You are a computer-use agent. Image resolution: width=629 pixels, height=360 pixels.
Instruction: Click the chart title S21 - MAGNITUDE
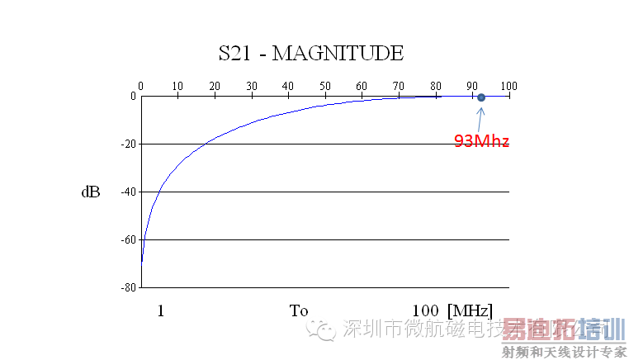(x=310, y=54)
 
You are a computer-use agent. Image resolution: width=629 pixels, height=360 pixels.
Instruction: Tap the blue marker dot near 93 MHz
(x=481, y=97)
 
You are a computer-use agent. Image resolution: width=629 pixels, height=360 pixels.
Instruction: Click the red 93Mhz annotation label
(x=481, y=141)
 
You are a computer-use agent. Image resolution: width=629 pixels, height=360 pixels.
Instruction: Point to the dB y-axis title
(x=91, y=192)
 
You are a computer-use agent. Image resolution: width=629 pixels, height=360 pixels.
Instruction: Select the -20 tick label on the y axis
(x=128, y=144)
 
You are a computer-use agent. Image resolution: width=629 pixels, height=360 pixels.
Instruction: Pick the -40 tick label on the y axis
(x=128, y=192)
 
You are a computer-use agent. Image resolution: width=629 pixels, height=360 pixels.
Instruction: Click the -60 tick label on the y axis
(x=128, y=240)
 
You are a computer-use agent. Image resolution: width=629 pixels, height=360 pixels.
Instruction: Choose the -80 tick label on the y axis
(x=128, y=288)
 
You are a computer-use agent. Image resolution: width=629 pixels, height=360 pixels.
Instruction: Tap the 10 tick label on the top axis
(x=177, y=86)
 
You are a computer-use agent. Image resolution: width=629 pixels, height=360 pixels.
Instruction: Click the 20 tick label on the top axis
(x=215, y=86)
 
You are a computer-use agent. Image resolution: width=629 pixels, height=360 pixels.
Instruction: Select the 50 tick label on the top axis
(x=325, y=86)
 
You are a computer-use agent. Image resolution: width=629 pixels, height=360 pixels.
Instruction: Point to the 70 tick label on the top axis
(x=399, y=86)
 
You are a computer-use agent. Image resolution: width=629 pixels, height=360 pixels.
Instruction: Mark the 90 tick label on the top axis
(x=472, y=86)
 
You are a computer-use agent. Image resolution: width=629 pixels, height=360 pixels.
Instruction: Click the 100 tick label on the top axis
(x=508, y=86)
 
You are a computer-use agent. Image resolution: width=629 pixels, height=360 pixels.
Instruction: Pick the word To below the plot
(x=299, y=311)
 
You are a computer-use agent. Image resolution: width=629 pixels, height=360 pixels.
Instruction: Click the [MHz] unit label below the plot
(x=470, y=311)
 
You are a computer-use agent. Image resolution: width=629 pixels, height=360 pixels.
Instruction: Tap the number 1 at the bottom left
(x=161, y=311)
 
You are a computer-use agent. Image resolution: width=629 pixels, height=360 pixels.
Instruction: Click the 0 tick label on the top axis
(x=141, y=86)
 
